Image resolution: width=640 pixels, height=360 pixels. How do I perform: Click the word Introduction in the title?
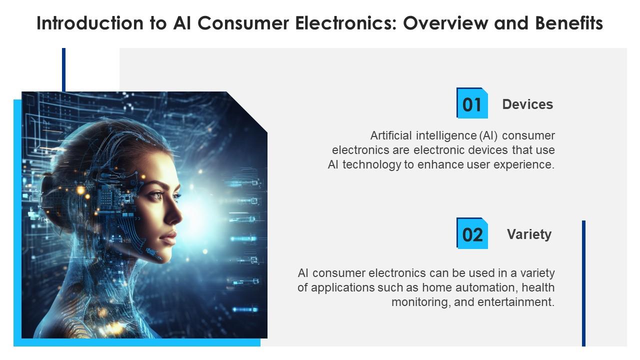[90, 23]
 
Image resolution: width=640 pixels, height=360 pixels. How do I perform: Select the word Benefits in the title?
[569, 23]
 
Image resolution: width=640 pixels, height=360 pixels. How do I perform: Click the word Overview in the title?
[445, 23]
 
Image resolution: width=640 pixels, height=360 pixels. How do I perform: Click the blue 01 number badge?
[472, 103]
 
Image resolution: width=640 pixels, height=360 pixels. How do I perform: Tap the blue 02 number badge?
[472, 233]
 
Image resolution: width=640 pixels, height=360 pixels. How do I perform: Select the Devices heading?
[527, 104]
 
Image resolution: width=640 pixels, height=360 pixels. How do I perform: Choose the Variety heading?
[529, 234]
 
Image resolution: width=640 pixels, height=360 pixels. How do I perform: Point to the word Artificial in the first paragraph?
[391, 135]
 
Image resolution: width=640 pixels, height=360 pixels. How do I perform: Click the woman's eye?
[157, 195]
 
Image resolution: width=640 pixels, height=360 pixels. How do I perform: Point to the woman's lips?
[169, 237]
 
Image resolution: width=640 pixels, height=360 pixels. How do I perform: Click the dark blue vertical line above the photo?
[63, 69]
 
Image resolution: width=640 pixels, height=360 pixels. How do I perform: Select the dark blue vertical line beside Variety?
[583, 283]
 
